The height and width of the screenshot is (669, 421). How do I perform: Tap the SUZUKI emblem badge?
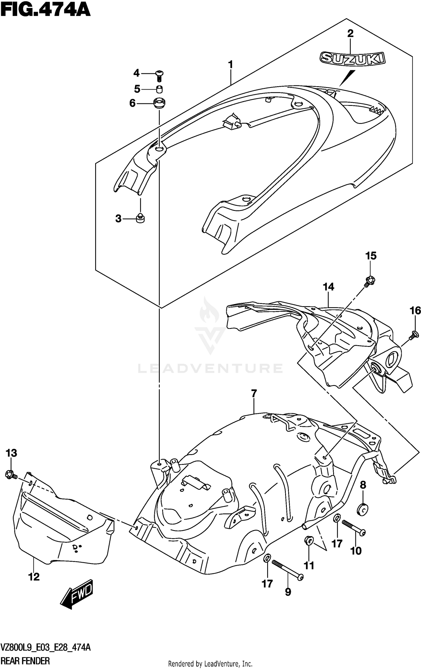click(353, 58)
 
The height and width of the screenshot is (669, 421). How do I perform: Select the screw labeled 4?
click(159, 75)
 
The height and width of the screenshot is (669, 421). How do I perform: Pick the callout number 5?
click(137, 89)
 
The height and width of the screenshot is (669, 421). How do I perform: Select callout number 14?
click(328, 287)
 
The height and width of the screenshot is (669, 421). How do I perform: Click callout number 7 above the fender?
click(254, 394)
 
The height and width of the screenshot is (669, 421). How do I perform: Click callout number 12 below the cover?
click(34, 577)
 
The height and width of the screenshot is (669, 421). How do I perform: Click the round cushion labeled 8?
click(363, 509)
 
